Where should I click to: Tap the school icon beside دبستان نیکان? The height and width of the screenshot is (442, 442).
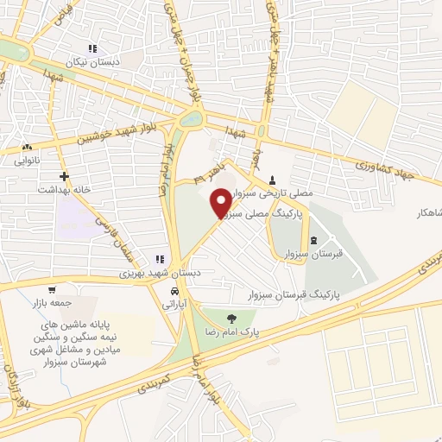pyautogui.click(x=93, y=48)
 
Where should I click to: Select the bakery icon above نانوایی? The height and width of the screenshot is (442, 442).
pyautogui.click(x=28, y=148)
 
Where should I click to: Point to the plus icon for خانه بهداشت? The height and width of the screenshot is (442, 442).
pyautogui.click(x=64, y=176)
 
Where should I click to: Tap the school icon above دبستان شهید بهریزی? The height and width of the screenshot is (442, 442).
pyautogui.click(x=160, y=259)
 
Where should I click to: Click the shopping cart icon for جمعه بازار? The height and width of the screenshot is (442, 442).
pyautogui.click(x=54, y=290)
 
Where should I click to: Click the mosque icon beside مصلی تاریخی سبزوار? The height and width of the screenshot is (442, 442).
pyautogui.click(x=273, y=180)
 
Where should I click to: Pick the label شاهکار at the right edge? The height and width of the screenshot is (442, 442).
pyautogui.click(x=426, y=212)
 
